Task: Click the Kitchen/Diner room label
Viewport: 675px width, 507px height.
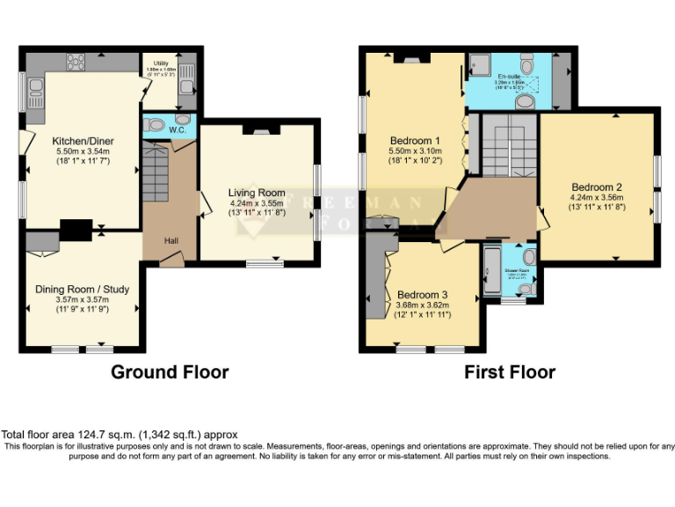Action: tap(83, 141)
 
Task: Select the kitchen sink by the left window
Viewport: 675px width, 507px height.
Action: tap(37, 89)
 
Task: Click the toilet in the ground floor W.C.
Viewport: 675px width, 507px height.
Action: tap(156, 125)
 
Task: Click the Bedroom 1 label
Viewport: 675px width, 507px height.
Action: tap(415, 141)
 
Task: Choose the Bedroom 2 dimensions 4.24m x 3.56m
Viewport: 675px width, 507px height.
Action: tap(597, 198)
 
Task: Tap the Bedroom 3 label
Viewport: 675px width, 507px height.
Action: tap(422, 295)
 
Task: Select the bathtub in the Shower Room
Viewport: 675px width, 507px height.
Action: tap(490, 270)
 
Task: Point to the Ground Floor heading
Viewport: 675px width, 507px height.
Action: tap(170, 372)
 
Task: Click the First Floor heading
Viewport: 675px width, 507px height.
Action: tap(510, 372)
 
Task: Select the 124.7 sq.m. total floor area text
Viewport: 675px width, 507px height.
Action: tap(119, 435)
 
